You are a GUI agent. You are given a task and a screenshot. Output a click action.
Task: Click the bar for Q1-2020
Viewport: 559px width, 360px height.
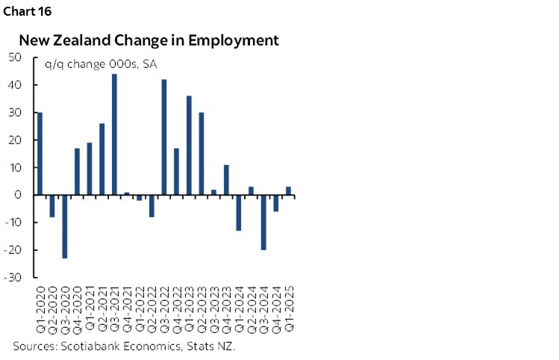[x=40, y=154]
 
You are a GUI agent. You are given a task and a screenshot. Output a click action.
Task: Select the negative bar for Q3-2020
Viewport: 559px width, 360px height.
[x=65, y=226]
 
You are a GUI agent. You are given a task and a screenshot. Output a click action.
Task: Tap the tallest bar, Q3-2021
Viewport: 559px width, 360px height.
[x=114, y=134]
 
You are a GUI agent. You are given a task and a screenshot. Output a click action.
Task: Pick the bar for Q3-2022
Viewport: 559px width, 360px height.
[x=164, y=137]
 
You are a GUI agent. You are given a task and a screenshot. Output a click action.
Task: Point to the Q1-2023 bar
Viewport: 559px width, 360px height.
[x=189, y=146]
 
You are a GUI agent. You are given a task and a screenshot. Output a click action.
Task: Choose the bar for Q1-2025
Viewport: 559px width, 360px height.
[x=288, y=191]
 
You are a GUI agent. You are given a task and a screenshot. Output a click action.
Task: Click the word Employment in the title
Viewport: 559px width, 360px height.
[x=234, y=40]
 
